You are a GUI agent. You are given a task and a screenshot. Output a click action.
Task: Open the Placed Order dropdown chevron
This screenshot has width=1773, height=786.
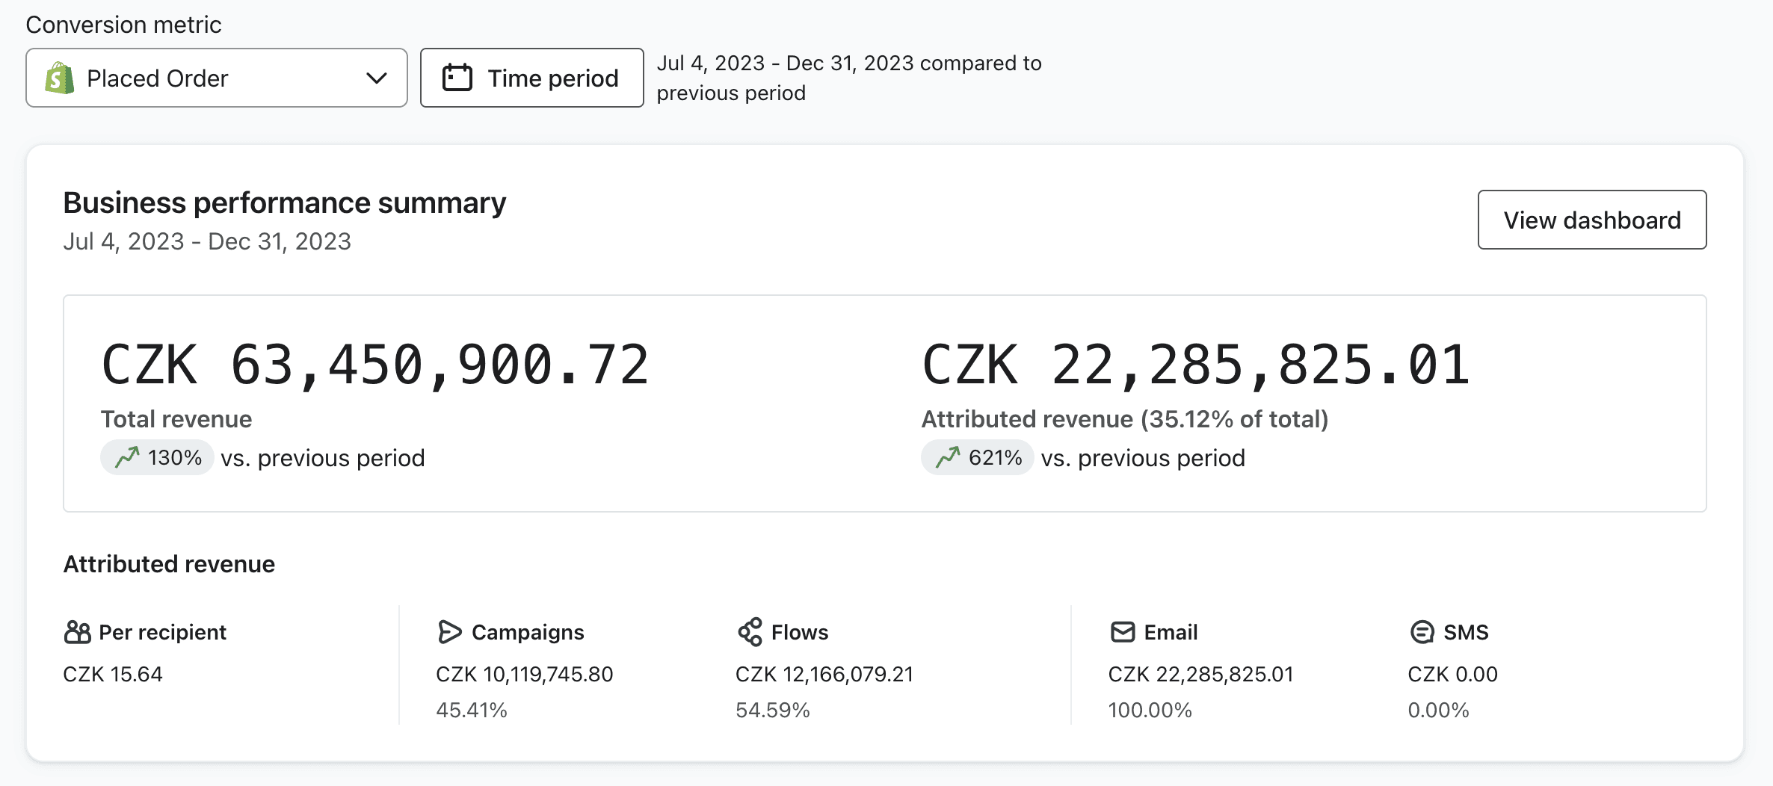coord(377,78)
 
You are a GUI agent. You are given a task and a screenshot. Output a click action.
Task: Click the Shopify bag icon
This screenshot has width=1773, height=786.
coord(59,78)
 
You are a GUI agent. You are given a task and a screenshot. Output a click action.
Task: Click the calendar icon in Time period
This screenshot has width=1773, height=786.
coord(457,78)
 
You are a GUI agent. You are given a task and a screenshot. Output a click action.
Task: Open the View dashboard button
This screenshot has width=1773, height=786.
coord(1592,220)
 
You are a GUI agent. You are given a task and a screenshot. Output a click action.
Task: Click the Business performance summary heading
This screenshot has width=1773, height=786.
coord(285,202)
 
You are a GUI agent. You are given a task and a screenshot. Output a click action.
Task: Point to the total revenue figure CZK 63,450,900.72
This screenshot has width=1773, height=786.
coord(375,365)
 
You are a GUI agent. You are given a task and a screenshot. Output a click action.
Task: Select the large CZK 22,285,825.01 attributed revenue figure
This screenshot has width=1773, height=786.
coord(1196,365)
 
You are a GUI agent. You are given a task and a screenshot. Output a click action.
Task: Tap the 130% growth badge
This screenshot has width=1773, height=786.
coord(158,457)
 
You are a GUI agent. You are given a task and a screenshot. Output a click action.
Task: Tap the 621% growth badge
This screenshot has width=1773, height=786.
coord(978,457)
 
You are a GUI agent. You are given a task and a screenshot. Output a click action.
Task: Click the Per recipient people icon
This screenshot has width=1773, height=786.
coord(77,632)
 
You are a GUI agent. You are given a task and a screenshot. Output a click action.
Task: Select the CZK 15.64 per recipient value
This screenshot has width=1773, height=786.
coord(113,674)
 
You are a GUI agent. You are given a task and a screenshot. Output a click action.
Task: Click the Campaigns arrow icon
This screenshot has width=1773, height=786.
coord(449,632)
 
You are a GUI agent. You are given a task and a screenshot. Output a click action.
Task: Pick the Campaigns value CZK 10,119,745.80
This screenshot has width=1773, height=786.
coord(525,674)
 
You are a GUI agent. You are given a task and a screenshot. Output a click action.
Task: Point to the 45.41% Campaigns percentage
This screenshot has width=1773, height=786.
coord(472,710)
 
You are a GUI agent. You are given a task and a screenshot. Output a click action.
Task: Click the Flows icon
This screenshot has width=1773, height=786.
coord(750,632)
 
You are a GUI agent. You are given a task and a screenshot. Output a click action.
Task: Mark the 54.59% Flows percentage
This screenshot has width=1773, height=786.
coord(773,710)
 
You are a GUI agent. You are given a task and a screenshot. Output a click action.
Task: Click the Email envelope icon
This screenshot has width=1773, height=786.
coord(1123,632)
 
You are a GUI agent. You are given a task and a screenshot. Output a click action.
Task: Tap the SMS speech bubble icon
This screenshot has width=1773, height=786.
coord(1422,632)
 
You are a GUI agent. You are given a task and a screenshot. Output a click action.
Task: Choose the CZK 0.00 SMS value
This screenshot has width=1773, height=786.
coord(1453,674)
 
